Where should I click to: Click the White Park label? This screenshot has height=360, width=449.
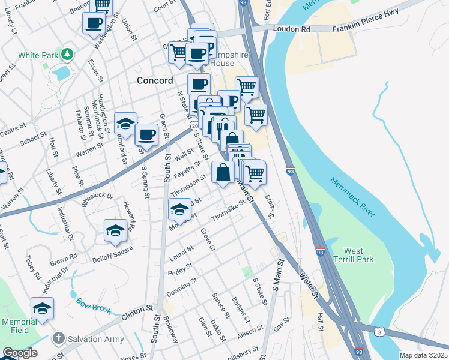tap(37, 55)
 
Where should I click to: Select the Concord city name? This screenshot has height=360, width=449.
tap(155, 80)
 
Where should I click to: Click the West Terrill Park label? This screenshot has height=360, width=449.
tap(358, 254)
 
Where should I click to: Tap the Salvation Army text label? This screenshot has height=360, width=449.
tap(97, 339)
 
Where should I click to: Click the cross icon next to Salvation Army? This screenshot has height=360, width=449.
tap(59, 339)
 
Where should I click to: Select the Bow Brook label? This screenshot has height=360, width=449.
tap(94, 305)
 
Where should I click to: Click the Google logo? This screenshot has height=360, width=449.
tap(19, 353)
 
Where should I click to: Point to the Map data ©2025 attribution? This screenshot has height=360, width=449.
tap(423, 355)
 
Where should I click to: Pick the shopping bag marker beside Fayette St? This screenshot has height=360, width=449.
tap(223, 172)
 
